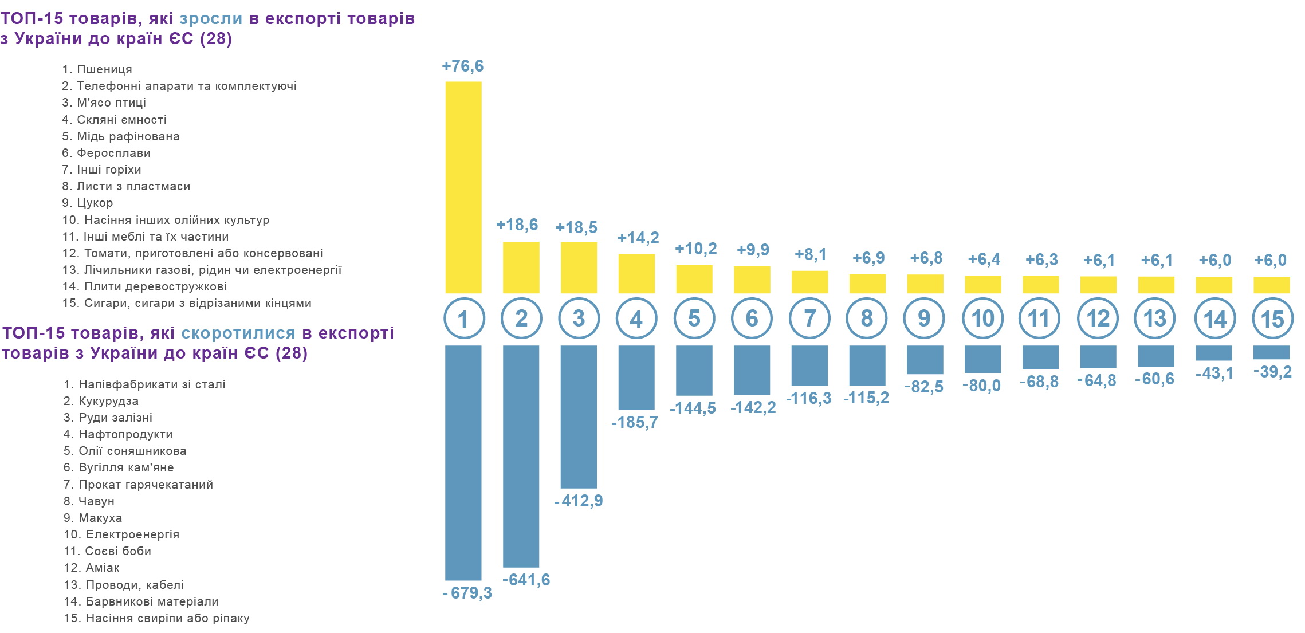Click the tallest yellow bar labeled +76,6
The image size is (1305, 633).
coord(463,187)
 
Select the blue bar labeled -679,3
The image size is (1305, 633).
coord(463,462)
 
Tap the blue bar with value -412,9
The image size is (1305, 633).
coord(579,416)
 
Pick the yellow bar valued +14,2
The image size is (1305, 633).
coord(636,273)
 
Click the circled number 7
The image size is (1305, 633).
coord(809,319)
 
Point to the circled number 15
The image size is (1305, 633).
coord(1272,319)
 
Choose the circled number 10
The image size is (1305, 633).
coord(982,319)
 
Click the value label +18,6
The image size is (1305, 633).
coord(517,225)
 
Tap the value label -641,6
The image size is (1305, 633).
coord(526,580)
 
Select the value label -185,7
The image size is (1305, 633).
coord(635,423)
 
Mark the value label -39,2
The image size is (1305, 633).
coord(1272,372)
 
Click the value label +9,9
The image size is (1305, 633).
coord(753,250)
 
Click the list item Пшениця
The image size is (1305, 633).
coord(104,69)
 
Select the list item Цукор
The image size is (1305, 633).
coord(95,203)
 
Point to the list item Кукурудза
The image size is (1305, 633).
coord(108,401)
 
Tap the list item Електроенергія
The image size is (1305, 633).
coord(132,534)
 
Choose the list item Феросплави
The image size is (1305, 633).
coord(113,153)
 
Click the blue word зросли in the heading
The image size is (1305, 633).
coord(211,19)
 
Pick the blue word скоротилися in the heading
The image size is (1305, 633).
coord(238,333)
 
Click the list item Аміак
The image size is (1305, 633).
coord(103,568)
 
